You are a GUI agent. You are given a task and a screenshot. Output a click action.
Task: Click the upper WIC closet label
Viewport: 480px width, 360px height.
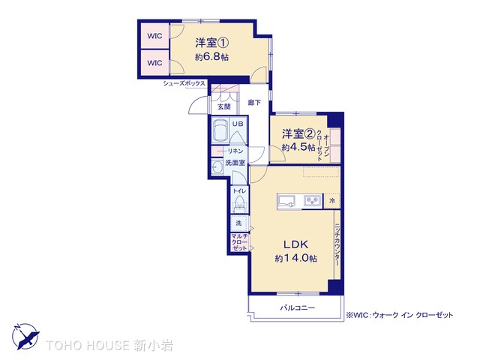pyautogui.click(x=154, y=36)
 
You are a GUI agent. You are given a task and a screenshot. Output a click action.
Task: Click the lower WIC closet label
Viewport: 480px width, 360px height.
pyautogui.click(x=154, y=63)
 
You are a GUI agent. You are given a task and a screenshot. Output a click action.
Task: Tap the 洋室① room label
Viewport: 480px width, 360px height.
pyautogui.click(x=211, y=43)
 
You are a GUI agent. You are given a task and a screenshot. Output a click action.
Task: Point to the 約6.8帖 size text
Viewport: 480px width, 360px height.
pyautogui.click(x=211, y=57)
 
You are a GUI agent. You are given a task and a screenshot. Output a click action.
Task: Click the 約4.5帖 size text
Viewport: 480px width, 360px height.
pyautogui.click(x=298, y=147)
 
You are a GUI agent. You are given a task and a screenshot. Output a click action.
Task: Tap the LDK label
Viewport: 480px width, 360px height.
pyautogui.click(x=295, y=244)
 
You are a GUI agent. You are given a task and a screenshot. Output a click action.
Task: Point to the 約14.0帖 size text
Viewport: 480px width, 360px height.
pyautogui.click(x=295, y=258)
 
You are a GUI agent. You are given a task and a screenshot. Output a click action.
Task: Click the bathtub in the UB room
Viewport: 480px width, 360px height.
pyautogui.click(x=220, y=130)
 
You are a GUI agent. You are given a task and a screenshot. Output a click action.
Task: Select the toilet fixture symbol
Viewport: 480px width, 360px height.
pyautogui.click(x=239, y=203)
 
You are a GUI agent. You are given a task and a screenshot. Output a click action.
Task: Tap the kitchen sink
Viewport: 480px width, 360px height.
pyautogui.click(x=286, y=201)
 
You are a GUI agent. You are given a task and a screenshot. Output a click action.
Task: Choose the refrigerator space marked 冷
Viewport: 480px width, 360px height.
pyautogui.click(x=331, y=201)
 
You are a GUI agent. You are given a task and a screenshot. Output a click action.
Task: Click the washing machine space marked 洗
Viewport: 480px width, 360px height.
pyautogui.click(x=238, y=223)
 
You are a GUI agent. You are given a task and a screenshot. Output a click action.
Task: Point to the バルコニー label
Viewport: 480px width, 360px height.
pyautogui.click(x=298, y=307)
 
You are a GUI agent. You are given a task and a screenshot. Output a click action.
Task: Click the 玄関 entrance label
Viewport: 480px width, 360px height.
pyautogui.click(x=224, y=106)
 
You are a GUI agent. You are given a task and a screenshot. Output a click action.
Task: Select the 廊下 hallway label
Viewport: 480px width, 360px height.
pyautogui.click(x=254, y=103)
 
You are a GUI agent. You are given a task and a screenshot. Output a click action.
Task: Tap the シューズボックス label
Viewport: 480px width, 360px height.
pyautogui.click(x=184, y=83)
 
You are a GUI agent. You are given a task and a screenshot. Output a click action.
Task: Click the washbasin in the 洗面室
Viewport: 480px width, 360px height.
pyautogui.click(x=217, y=167)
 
